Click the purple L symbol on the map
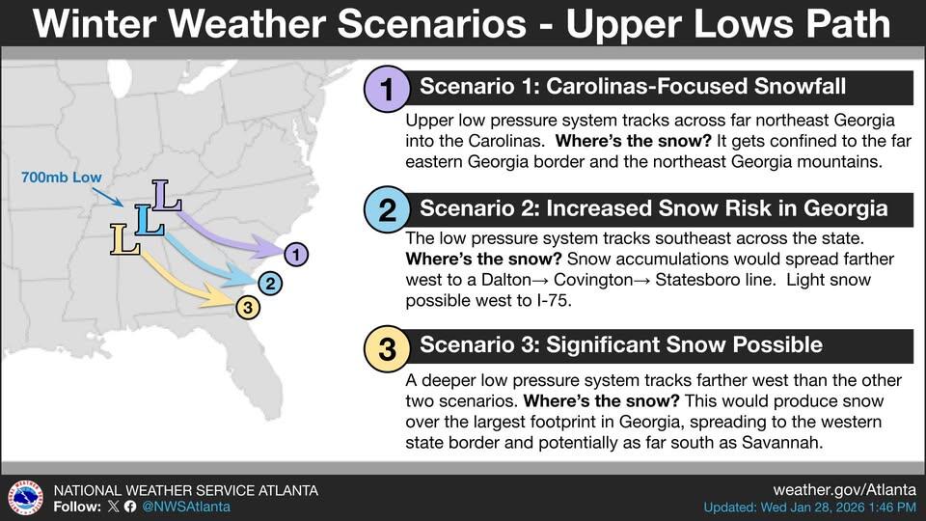click(167, 196)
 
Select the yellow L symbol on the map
click(123, 239)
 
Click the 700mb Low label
click(61, 178)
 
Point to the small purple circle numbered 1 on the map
click(297, 255)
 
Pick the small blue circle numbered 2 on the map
click(271, 283)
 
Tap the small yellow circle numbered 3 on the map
click(248, 308)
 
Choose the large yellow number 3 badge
click(387, 348)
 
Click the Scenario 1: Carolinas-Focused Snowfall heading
click(632, 88)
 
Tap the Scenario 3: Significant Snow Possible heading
click(620, 344)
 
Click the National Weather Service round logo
click(24, 498)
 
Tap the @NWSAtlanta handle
click(185, 507)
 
